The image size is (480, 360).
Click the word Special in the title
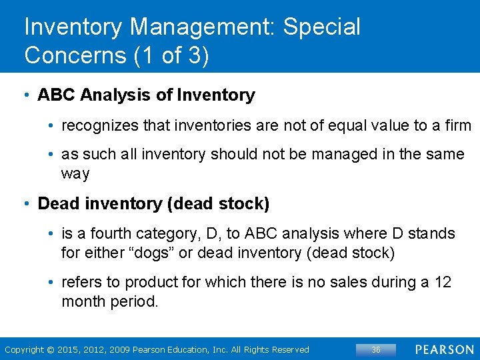(321, 27)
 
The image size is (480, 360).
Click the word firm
(457, 125)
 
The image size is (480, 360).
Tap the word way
(75, 174)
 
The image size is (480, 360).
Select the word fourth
(111, 233)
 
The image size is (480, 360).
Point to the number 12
(443, 282)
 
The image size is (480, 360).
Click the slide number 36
(375, 349)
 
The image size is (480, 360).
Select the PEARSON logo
(444, 349)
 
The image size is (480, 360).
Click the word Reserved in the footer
(291, 349)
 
